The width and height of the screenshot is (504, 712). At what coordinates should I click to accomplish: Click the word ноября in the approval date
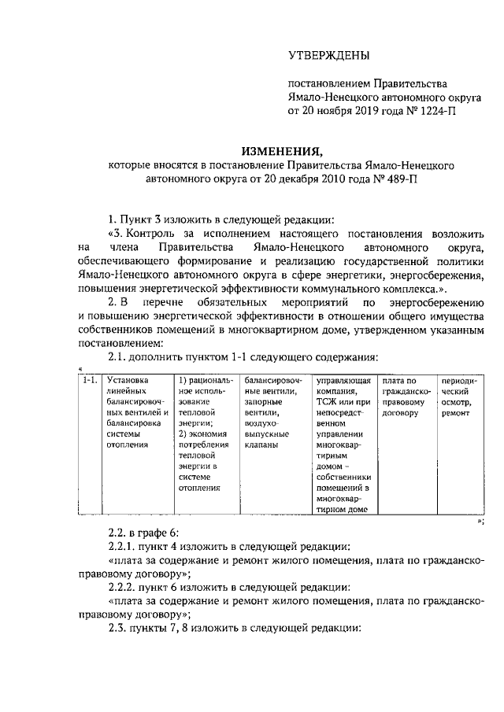coord(335,112)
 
